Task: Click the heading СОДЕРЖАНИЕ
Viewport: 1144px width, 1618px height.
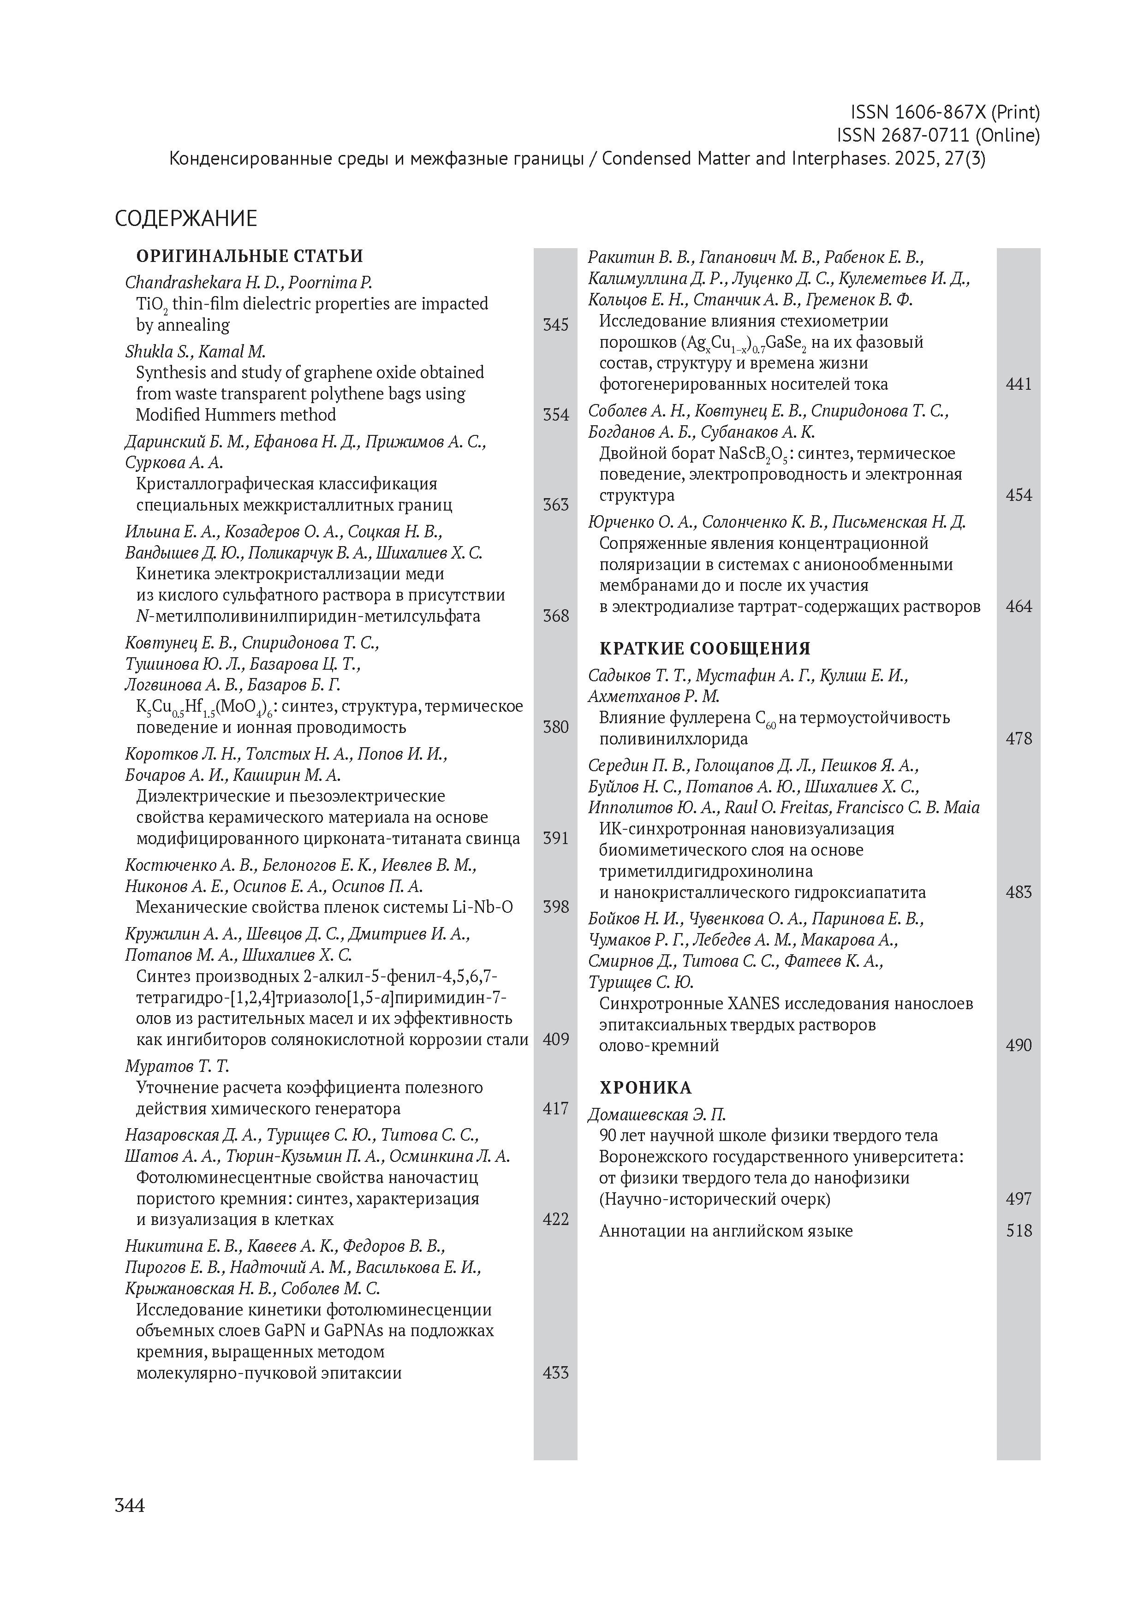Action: [x=186, y=219]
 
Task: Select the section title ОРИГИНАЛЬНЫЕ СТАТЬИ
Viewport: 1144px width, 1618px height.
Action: [x=250, y=256]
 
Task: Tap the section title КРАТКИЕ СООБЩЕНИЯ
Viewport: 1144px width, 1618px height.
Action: [x=704, y=648]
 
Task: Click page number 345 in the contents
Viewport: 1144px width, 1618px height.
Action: [x=555, y=325]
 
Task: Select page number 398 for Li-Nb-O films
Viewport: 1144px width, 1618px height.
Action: [x=555, y=907]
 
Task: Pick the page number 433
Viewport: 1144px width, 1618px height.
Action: [x=555, y=1372]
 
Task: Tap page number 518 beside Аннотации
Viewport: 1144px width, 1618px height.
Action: [x=1019, y=1231]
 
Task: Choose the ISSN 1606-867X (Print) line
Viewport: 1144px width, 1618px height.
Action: [x=945, y=112]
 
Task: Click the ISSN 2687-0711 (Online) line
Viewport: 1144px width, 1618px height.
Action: [x=937, y=135]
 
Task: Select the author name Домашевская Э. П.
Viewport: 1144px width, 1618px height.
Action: [x=657, y=1115]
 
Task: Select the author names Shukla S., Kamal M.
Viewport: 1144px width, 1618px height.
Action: [x=195, y=351]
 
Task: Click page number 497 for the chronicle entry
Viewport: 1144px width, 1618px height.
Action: [x=1019, y=1199]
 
